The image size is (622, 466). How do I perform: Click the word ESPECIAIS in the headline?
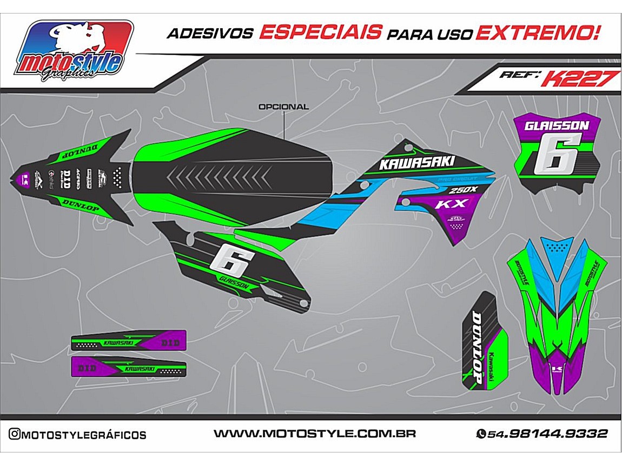click(320, 32)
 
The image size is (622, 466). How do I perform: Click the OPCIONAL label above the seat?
click(283, 107)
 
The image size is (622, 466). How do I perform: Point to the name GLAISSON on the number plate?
click(557, 126)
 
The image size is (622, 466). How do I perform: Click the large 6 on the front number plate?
click(556, 154)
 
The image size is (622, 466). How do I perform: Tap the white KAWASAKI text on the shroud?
click(416, 162)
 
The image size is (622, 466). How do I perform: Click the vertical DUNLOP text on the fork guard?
click(477, 348)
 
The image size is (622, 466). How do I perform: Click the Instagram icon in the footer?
click(15, 434)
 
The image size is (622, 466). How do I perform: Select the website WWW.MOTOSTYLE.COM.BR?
click(314, 434)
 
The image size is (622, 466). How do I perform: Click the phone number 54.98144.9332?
click(547, 434)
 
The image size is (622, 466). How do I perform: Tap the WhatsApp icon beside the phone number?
click(481, 434)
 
